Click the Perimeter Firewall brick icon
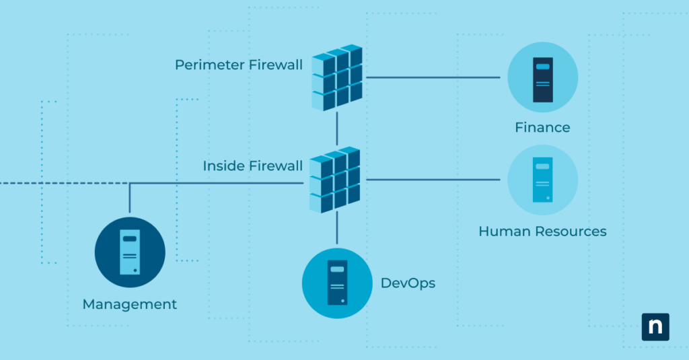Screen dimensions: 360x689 pyautogui.click(x=336, y=77)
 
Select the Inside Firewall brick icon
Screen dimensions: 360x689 pyautogui.click(x=336, y=180)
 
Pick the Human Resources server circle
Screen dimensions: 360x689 pyautogui.click(x=542, y=180)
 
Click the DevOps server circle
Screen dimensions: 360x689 pyautogui.click(x=337, y=283)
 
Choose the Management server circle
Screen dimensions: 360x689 pyautogui.click(x=130, y=252)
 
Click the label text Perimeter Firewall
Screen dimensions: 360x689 pyautogui.click(x=239, y=65)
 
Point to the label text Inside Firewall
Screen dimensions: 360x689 pyautogui.click(x=253, y=166)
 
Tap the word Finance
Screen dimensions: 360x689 pyautogui.click(x=542, y=127)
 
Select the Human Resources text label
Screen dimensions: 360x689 pyautogui.click(x=542, y=231)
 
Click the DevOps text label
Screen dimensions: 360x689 pyautogui.click(x=408, y=283)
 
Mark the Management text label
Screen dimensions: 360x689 pyautogui.click(x=130, y=305)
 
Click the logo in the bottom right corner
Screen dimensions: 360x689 pyautogui.click(x=655, y=326)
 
